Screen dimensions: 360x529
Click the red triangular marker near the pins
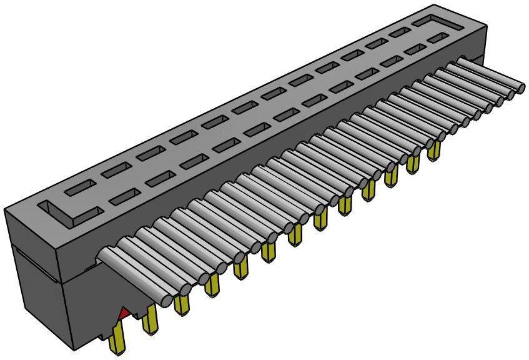125,311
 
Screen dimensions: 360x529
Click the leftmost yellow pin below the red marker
116,341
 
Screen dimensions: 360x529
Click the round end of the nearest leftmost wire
165,300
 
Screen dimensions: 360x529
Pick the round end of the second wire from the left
185,289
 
